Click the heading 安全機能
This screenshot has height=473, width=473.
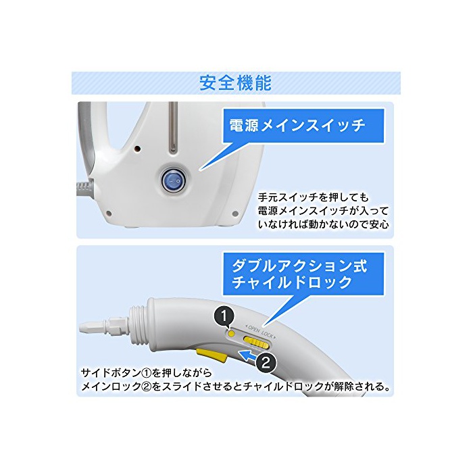(x=235, y=82)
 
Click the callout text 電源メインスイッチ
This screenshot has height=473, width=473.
(x=297, y=126)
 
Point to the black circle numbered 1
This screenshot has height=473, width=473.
(x=224, y=316)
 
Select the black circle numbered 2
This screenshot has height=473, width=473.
(x=266, y=363)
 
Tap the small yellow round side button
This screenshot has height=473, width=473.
(x=232, y=334)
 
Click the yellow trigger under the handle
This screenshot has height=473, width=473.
(x=211, y=355)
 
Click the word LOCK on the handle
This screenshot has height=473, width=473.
(x=268, y=334)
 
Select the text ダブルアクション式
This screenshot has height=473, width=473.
(x=299, y=266)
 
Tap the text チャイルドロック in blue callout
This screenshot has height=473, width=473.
(x=292, y=283)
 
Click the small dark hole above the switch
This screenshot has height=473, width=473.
(x=138, y=149)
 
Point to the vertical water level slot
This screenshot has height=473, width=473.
(x=173, y=128)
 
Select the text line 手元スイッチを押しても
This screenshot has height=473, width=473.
(x=313, y=197)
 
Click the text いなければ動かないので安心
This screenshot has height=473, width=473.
(x=324, y=224)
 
